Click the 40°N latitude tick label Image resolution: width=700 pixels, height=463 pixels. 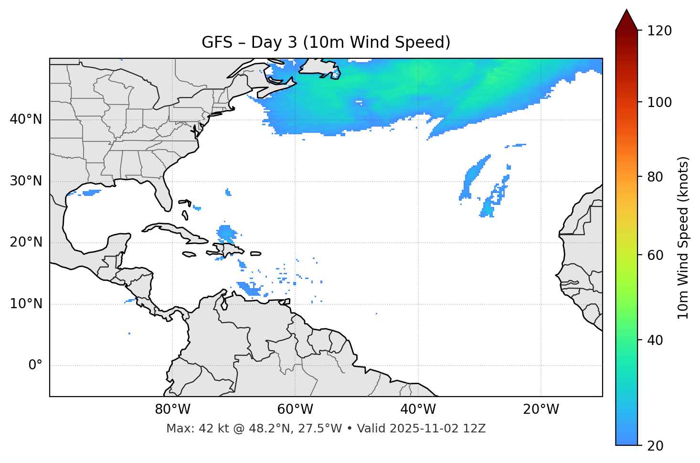tap(26, 119)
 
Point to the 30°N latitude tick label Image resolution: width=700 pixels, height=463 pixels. tap(26, 181)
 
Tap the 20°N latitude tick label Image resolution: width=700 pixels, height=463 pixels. tap(26, 242)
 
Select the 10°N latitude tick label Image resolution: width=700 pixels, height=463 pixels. tap(26, 304)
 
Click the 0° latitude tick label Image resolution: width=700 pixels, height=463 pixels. tap(35, 366)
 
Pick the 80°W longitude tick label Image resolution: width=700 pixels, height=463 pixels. tap(172, 409)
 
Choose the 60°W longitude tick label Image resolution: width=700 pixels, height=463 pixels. tap(295, 409)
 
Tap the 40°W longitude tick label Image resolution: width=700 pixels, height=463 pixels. tap(418, 409)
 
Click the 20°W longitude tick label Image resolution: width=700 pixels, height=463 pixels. tap(541, 409)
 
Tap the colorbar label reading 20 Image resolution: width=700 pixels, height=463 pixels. tap(656, 446)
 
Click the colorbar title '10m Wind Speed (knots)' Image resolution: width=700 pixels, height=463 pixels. tap(683, 237)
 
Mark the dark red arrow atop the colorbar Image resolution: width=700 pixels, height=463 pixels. tap(626, 20)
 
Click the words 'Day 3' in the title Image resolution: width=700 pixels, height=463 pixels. tap(274, 43)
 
